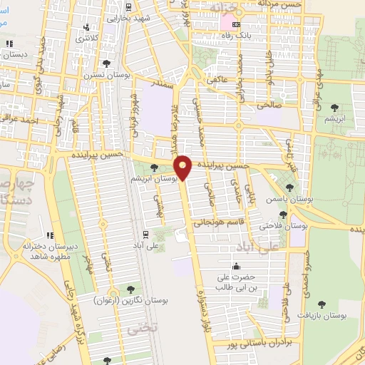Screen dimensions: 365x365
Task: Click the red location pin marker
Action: coord(184,168)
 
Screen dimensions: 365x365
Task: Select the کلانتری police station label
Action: coord(88,36)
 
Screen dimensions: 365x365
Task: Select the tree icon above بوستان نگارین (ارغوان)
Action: coord(130,289)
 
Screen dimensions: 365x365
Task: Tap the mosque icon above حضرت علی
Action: coord(236,267)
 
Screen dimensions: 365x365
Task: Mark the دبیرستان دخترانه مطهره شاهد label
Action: coord(48,252)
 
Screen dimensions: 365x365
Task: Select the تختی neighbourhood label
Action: coord(135,329)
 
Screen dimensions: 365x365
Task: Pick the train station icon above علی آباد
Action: coord(145,234)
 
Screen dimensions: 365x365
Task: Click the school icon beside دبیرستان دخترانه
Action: coord(50,235)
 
